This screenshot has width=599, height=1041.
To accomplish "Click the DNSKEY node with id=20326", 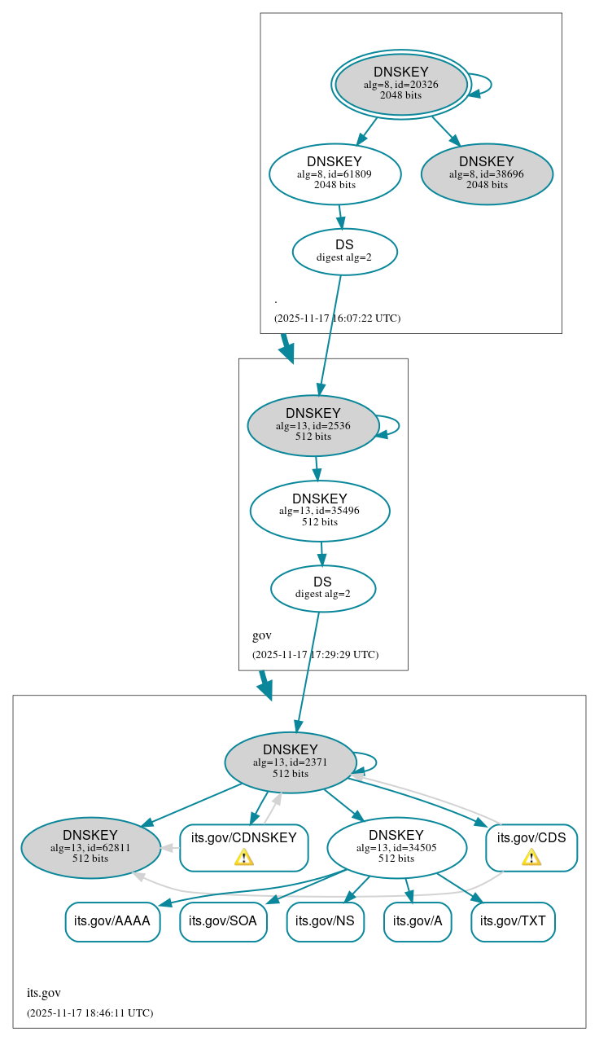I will [x=401, y=84].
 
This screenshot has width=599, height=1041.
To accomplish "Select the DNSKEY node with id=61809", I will [x=334, y=173].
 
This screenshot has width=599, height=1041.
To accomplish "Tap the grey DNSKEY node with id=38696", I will [x=487, y=173].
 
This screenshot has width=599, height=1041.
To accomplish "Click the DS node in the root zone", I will [x=344, y=251].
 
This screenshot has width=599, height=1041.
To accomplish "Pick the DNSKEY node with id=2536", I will [x=313, y=425].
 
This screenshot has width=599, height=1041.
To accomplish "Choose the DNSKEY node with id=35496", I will [x=320, y=511].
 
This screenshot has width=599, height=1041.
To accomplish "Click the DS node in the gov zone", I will [x=323, y=588].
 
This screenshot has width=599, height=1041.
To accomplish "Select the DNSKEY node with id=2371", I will [x=291, y=762].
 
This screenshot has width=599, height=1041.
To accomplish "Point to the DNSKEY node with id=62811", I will [x=90, y=847].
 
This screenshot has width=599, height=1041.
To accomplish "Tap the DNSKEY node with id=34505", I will [x=396, y=847].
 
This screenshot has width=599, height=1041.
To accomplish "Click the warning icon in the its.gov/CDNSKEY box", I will [x=243, y=857].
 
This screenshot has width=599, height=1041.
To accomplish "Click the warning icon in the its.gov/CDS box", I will [x=531, y=857].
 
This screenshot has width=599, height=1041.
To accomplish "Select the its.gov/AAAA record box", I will [x=112, y=921].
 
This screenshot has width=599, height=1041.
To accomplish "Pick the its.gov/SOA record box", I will [x=223, y=921].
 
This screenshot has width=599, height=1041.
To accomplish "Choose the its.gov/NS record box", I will [x=325, y=921].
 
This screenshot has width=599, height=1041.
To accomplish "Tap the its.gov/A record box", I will [x=418, y=921].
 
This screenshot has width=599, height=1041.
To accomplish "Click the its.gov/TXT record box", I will [x=513, y=921].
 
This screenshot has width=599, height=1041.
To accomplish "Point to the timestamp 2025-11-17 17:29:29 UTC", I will [x=315, y=654].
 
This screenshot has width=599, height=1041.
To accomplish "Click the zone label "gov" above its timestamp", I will [x=262, y=635].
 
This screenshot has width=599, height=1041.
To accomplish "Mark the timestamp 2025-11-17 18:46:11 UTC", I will [x=90, y=1012].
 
